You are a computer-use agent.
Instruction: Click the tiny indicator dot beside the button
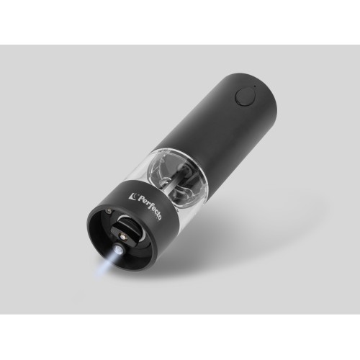pos(255,86)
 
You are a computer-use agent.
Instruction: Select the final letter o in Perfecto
pos(159,217)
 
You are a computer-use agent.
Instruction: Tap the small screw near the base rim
pos(108,212)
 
